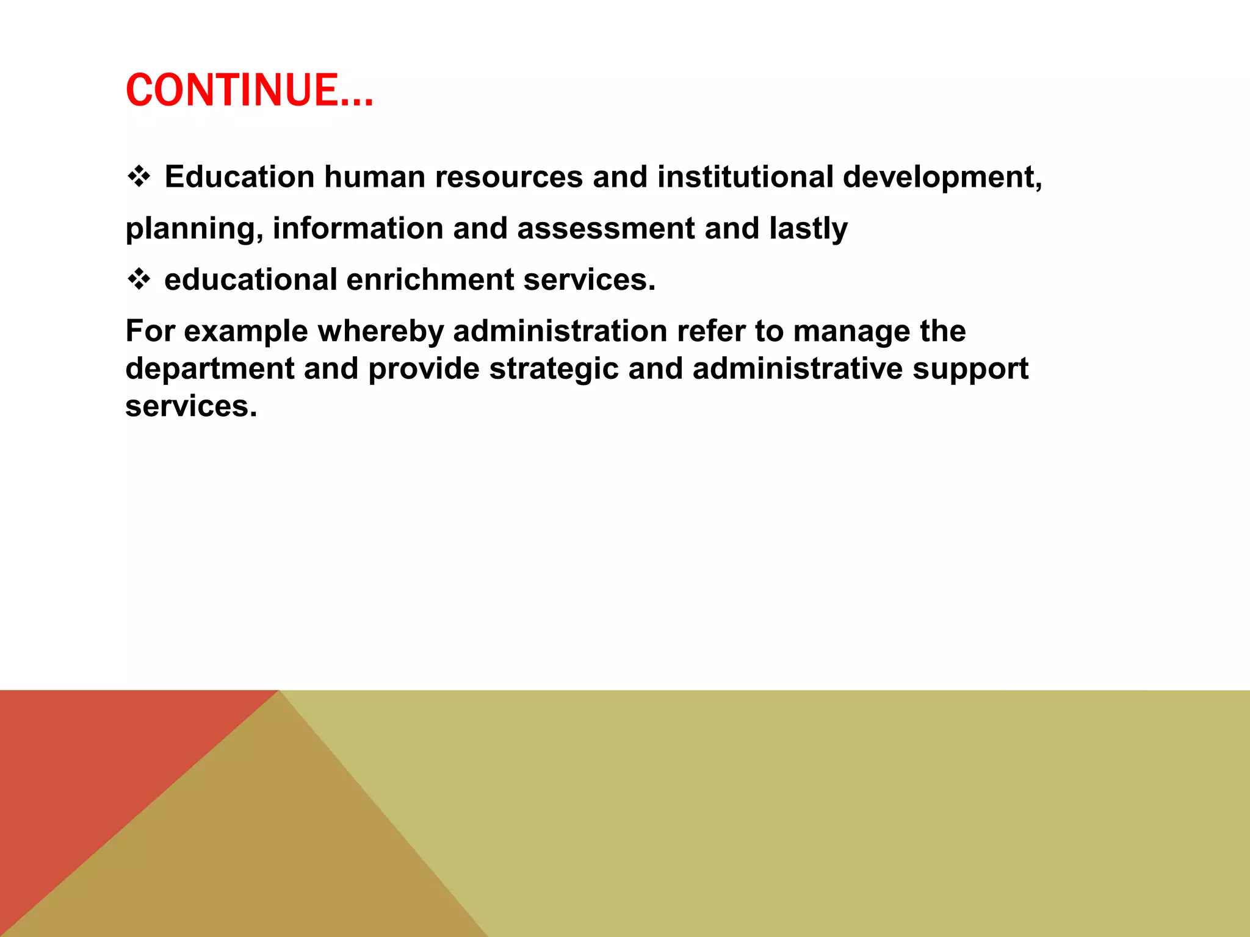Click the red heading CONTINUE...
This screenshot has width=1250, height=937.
[x=249, y=90]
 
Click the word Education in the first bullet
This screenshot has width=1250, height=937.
[x=239, y=177]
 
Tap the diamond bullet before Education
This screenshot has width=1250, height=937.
[x=139, y=177]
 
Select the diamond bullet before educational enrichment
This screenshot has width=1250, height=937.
[x=139, y=280]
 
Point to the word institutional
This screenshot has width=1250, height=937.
[x=745, y=177]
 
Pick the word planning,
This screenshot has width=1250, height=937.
[x=194, y=229]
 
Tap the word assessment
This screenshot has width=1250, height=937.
[x=605, y=229]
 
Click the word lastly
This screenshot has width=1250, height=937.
[x=808, y=229]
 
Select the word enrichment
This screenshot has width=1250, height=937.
[x=431, y=280]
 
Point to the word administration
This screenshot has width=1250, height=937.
[x=560, y=331]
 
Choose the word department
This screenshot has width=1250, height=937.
[x=210, y=369]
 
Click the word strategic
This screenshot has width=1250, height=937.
[x=554, y=369]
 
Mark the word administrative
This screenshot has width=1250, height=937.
[x=797, y=369]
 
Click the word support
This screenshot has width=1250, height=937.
[x=970, y=369]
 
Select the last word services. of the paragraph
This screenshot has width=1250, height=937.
[x=191, y=406]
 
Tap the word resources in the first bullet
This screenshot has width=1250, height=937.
[x=509, y=177]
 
